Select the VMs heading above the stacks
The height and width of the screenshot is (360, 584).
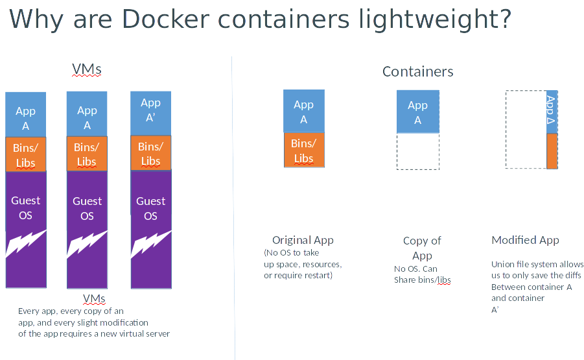tap(86, 69)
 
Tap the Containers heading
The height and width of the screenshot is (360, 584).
tap(417, 71)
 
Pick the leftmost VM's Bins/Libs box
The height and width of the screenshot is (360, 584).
tap(25, 154)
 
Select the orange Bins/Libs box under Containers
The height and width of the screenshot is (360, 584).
tap(303, 150)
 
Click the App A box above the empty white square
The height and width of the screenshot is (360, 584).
tap(417, 112)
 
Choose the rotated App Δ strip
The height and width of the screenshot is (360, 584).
tap(552, 112)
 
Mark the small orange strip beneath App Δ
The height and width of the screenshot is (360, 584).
tap(552, 151)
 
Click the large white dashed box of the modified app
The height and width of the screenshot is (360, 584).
tap(526, 129)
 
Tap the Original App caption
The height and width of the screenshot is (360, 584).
tap(303, 240)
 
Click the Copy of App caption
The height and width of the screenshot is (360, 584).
tap(422, 248)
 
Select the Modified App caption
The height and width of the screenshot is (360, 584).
tap(525, 240)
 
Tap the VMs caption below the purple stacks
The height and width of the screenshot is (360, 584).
tap(94, 298)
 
